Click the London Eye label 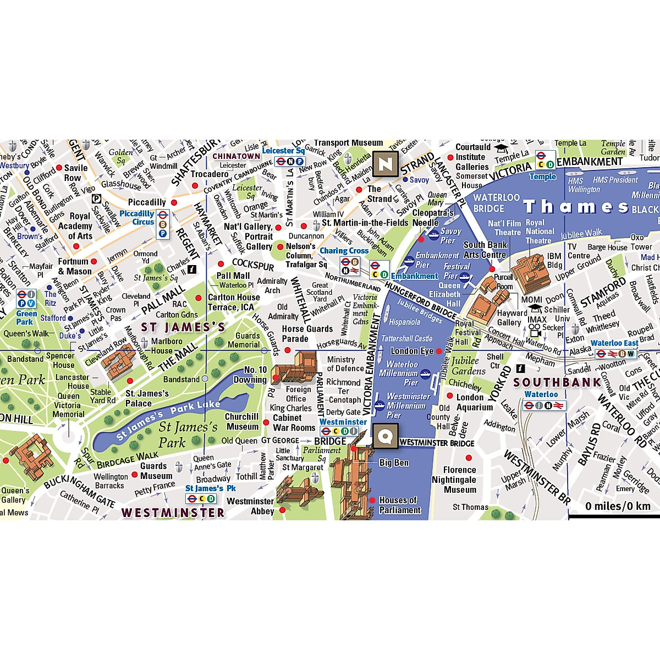tap(412, 351)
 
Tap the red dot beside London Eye tap(439, 351)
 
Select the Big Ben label tap(394, 463)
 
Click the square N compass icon tap(386, 163)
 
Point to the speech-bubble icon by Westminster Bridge tap(386, 437)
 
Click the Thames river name tap(575, 207)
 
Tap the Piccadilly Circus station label tap(137, 217)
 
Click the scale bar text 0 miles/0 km tap(618, 506)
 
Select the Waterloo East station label tap(614, 343)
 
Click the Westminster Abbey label tap(250, 506)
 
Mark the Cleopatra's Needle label tap(433, 218)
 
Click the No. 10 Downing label tap(251, 375)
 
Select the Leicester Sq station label tap(283, 151)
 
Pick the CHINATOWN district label tap(237, 156)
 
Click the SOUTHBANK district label tap(557, 382)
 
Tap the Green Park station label tap(26, 317)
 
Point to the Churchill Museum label tap(242, 421)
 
